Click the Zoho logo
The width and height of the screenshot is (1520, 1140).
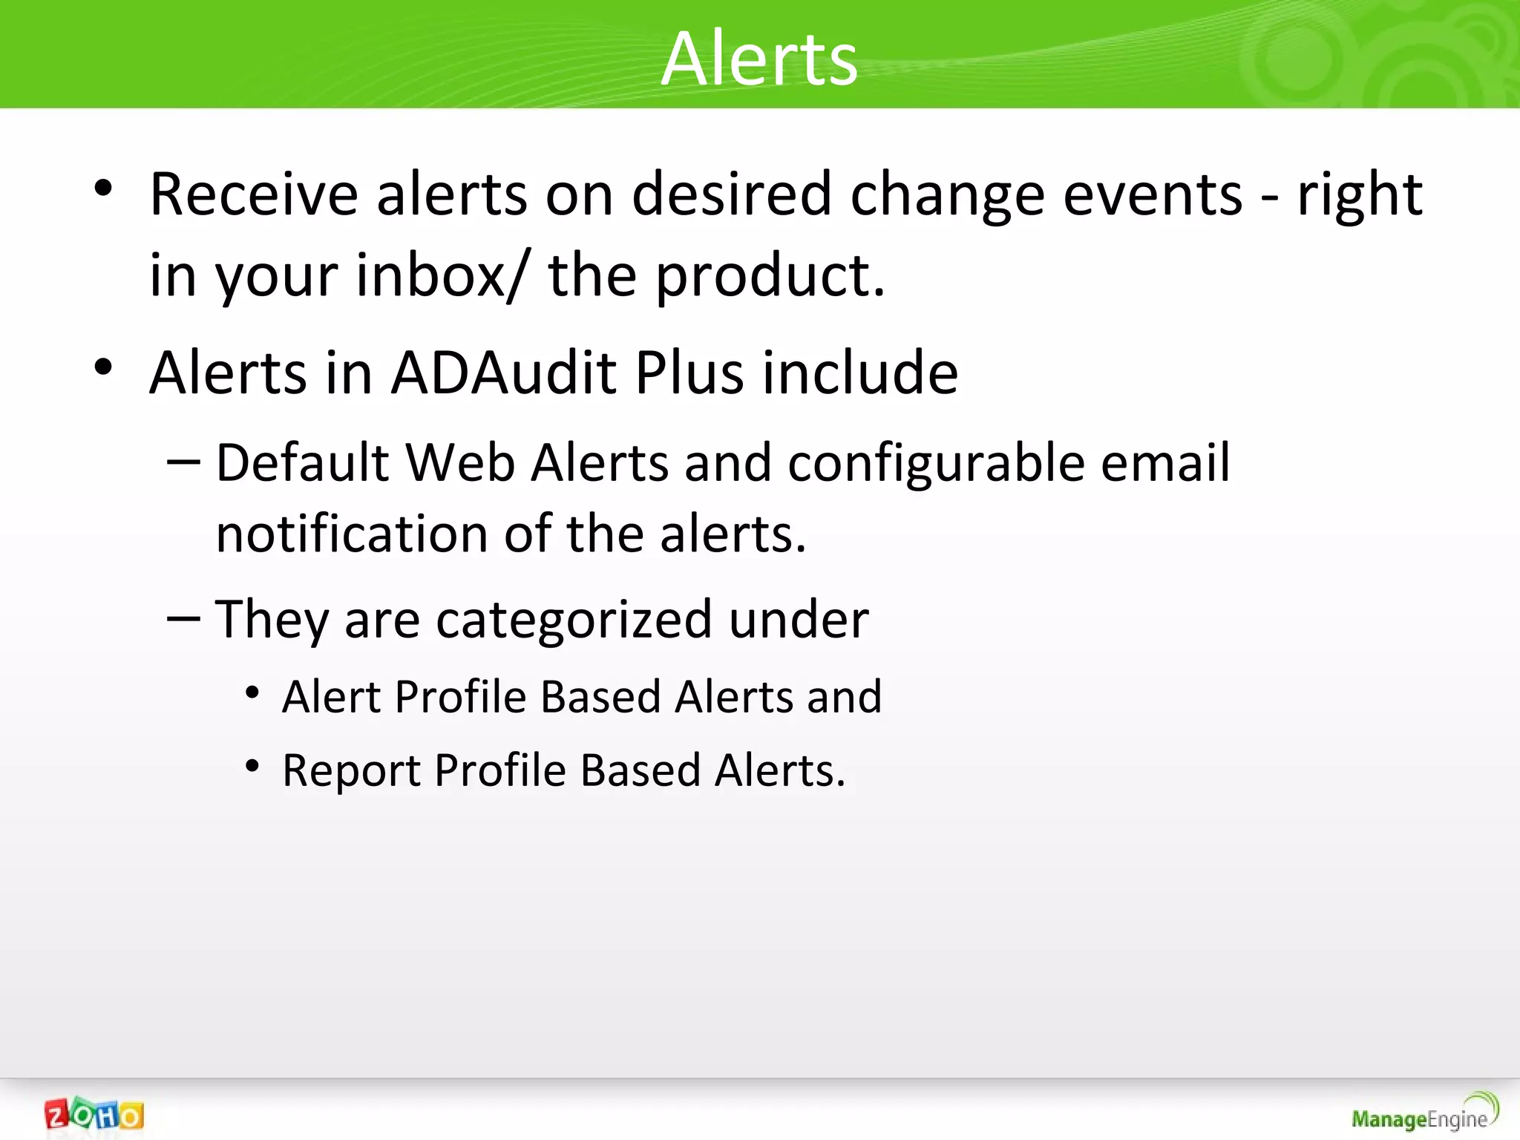94,1115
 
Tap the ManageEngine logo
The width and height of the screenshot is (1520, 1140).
1424,1113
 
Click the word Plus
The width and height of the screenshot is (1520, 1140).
689,373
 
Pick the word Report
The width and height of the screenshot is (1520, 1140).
350,770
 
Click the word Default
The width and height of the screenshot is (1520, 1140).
302,463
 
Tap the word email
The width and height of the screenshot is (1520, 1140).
1164,463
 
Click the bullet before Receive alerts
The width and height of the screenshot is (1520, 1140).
103,188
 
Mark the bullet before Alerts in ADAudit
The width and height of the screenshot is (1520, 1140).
103,367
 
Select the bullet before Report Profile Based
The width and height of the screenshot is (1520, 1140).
252,765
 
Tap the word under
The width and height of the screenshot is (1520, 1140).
798,620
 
